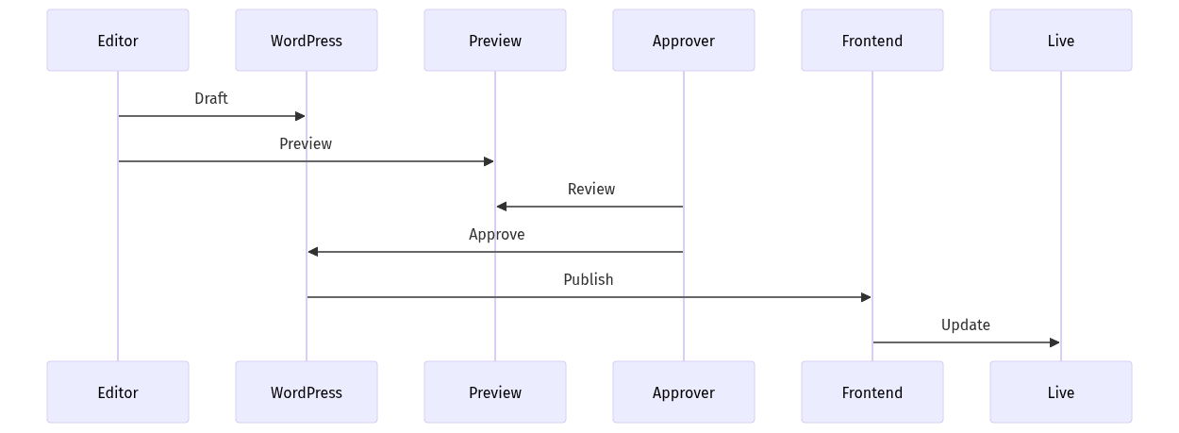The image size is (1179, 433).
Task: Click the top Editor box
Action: click(x=118, y=41)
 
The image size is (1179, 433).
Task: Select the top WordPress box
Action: click(x=307, y=41)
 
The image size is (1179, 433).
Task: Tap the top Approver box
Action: click(x=684, y=41)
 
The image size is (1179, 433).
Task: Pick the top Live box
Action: click(x=1060, y=41)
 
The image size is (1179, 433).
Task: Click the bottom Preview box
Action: click(x=495, y=392)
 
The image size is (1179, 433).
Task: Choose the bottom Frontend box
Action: click(x=872, y=392)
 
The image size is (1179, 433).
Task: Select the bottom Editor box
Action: click(x=118, y=392)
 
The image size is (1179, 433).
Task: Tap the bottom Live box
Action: click(x=1060, y=392)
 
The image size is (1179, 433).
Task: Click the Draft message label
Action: click(x=211, y=98)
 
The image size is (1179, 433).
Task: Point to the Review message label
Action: click(x=591, y=189)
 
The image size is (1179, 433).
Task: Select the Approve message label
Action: click(x=497, y=234)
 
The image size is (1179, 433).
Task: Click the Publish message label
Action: click(x=589, y=279)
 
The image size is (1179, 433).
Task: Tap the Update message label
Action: click(x=966, y=325)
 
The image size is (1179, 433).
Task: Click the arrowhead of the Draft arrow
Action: click(x=300, y=116)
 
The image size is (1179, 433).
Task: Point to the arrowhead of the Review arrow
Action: click(x=502, y=207)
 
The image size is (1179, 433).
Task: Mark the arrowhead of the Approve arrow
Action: click(x=313, y=252)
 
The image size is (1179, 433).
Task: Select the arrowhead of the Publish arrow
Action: click(x=866, y=297)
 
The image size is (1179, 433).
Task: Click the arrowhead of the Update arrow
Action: click(x=1054, y=342)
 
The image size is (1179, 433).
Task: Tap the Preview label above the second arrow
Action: click(x=306, y=143)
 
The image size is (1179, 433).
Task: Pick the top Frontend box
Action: click(x=872, y=41)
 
